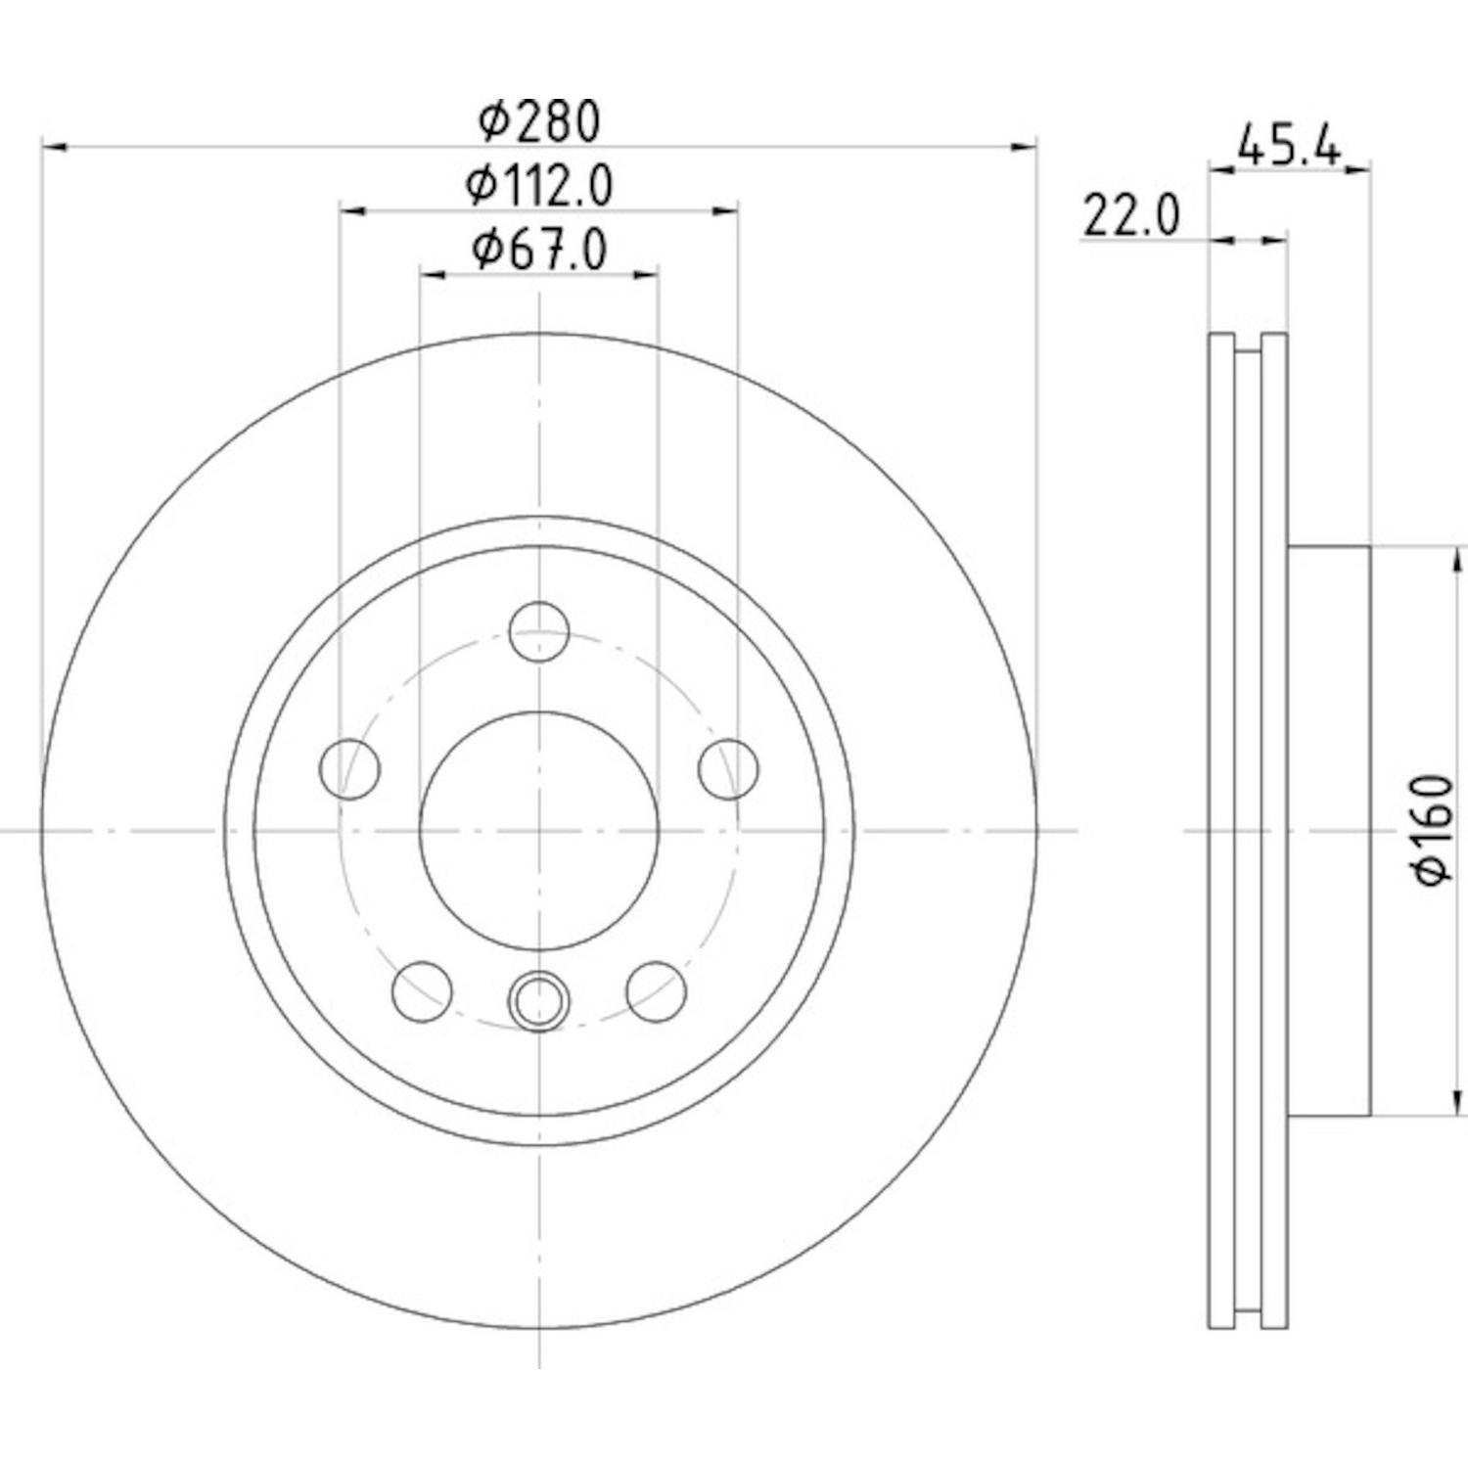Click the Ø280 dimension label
(x=538, y=121)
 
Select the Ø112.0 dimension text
(x=539, y=186)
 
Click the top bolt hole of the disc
(x=539, y=632)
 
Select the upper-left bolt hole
(x=349, y=768)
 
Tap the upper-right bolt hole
(x=729, y=768)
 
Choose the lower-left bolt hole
(x=422, y=990)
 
